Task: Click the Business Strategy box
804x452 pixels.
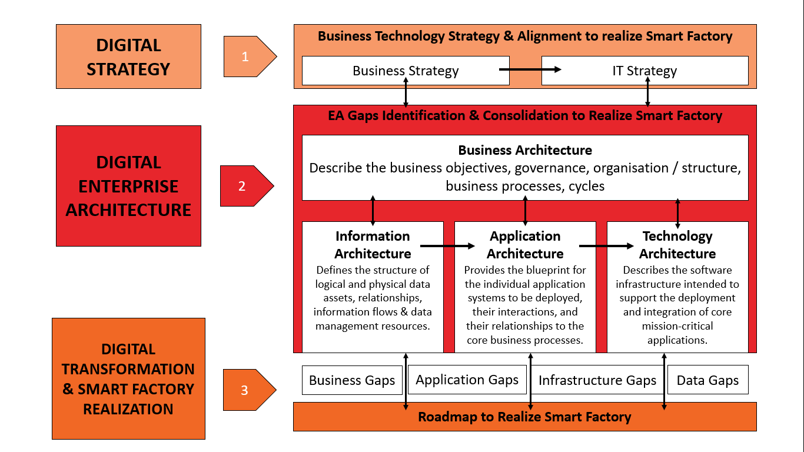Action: coord(406,71)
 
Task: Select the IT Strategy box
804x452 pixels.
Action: coord(644,71)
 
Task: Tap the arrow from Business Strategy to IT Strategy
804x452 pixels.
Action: coord(530,69)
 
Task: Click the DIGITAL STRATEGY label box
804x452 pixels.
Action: coord(128,56)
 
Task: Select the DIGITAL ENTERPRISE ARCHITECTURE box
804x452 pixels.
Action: coord(128,186)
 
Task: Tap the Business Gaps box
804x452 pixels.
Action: coord(352,380)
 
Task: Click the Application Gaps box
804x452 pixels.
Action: coord(467,380)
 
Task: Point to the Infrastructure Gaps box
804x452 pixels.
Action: coord(597,380)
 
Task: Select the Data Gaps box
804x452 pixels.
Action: coord(707,380)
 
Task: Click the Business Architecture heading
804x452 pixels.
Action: coord(525,150)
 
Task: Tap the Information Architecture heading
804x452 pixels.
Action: coord(373,245)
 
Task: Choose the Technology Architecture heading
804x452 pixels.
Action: coord(677,245)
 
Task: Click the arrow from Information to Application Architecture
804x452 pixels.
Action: coord(447,246)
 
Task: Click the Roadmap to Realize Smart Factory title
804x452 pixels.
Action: coord(524,417)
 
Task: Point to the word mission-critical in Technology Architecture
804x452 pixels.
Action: coord(677,326)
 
